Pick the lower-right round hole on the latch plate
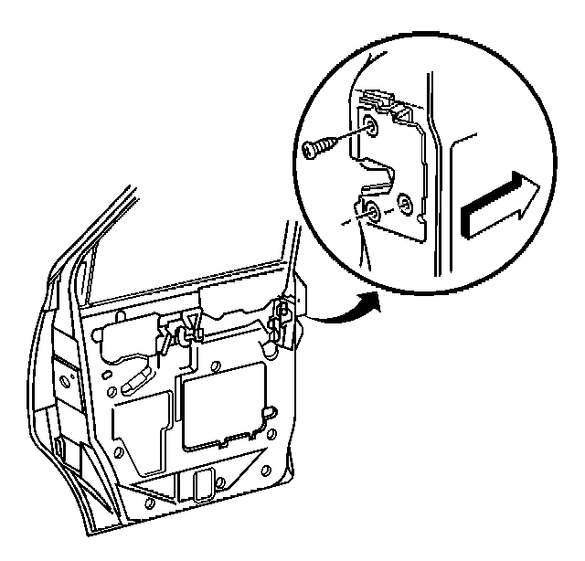pyautogui.click(x=407, y=201)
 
